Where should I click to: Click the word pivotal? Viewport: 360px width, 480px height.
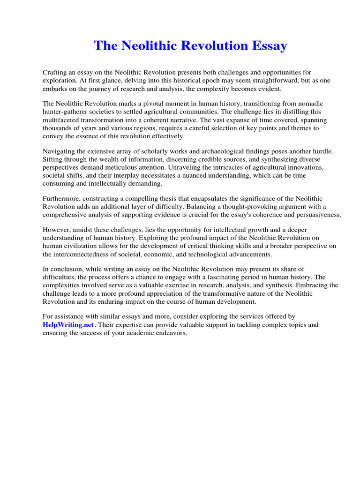pyautogui.click(x=145, y=103)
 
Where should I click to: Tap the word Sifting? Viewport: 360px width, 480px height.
pyautogui.click(x=53, y=159)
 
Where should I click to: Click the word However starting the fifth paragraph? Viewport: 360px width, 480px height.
pyautogui.click(x=57, y=230)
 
